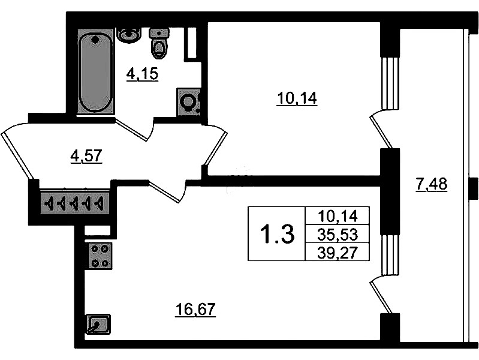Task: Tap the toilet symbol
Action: (159, 43)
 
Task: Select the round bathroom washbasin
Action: (129, 35)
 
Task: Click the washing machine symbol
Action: (188, 102)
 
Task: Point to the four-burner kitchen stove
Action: (100, 256)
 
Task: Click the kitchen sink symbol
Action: (98, 324)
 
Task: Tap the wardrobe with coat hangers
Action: (74, 203)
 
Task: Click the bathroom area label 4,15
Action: (142, 74)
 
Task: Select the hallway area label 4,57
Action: (86, 156)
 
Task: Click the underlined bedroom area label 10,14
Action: (297, 99)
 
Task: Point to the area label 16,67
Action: (195, 310)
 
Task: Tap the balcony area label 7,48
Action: (432, 184)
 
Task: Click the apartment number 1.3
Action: (277, 233)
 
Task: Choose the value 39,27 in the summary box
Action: (338, 253)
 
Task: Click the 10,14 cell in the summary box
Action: (338, 216)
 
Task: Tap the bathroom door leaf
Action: (132, 130)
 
